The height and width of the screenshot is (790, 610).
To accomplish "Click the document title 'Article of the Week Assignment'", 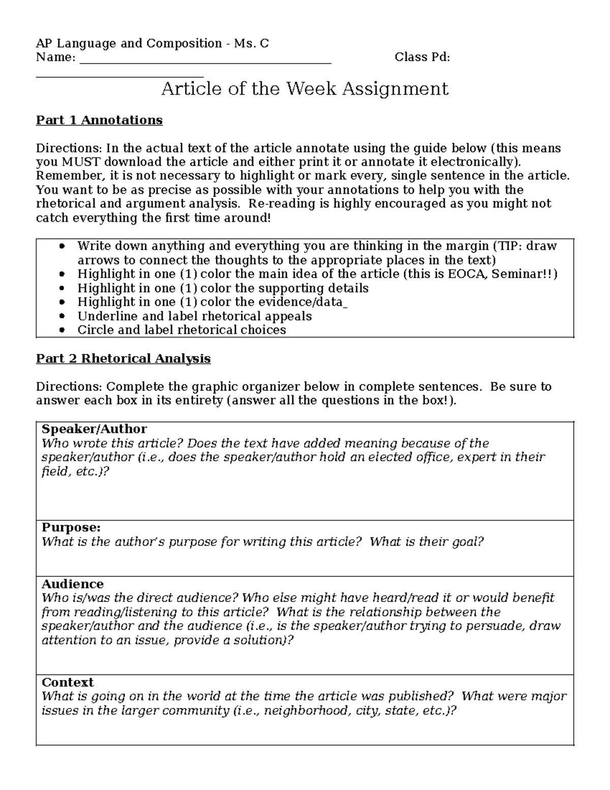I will point(304,89).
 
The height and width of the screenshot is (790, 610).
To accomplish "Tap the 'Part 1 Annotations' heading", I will point(99,120).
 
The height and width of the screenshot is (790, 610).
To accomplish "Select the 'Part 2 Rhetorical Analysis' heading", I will point(123,359).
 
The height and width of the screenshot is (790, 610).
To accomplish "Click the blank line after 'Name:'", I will point(205,57).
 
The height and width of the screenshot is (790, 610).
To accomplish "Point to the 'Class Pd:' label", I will point(422,57).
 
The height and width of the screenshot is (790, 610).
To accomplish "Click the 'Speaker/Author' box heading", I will point(94,429).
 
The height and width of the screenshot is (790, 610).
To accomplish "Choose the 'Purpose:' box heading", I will point(71,528).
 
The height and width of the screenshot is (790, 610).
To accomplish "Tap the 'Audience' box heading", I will point(72,584).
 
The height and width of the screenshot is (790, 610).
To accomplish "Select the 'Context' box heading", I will point(68,682).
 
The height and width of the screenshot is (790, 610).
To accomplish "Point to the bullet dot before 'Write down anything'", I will point(62,247).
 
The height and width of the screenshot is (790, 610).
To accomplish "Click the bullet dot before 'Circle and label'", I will point(62,330).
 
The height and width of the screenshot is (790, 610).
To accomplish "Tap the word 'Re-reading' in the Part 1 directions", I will point(289,204).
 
